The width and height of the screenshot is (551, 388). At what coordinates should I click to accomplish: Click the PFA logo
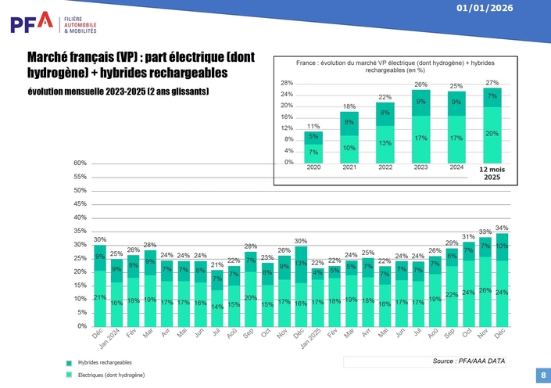(x=53, y=23)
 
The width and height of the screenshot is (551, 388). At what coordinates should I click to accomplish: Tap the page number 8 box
(x=543, y=375)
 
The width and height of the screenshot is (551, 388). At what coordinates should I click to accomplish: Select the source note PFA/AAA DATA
(x=469, y=361)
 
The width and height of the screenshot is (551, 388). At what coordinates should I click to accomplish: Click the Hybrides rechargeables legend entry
(x=105, y=363)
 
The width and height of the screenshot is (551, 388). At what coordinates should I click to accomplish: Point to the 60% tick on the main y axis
(x=80, y=163)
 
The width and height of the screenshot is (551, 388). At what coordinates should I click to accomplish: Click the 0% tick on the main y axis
(x=81, y=326)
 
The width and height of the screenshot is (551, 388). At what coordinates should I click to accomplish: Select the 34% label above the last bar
(x=502, y=228)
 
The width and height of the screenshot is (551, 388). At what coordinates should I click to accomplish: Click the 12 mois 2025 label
(x=491, y=173)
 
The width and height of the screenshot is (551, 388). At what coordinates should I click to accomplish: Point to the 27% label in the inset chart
(x=492, y=83)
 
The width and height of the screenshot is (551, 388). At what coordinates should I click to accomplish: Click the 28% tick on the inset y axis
(x=287, y=83)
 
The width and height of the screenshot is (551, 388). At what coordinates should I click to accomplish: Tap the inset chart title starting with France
(x=395, y=66)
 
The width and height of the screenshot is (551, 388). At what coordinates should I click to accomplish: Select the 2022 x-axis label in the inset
(x=385, y=167)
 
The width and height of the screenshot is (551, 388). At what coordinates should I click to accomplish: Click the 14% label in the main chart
(x=216, y=307)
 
